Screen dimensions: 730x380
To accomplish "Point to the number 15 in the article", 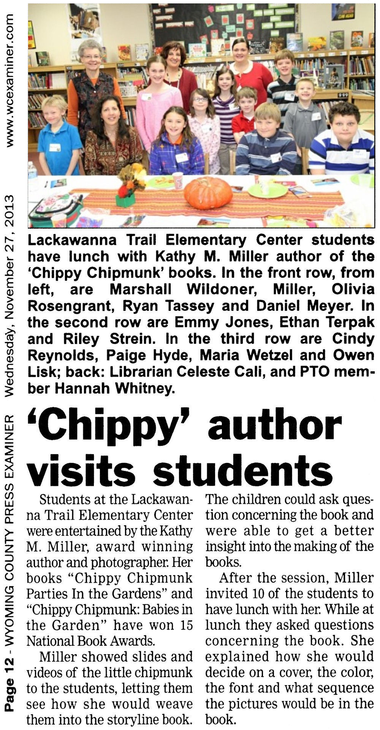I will pos(184,625).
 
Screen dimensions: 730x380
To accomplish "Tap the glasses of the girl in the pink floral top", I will pos(200,100).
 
